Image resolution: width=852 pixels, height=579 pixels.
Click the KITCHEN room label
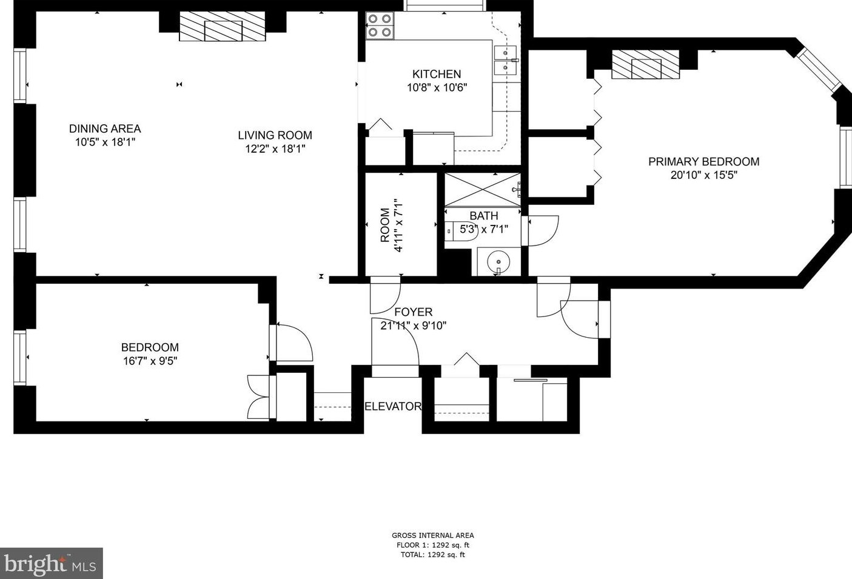click(x=436, y=74)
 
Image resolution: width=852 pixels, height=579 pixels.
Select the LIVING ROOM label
click(x=275, y=135)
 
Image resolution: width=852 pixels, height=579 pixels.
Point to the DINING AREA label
click(x=105, y=129)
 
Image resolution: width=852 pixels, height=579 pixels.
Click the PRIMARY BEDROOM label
click(x=703, y=161)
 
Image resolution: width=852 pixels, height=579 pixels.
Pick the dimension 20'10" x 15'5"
click(x=703, y=175)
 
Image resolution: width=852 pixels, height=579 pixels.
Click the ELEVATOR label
click(x=393, y=406)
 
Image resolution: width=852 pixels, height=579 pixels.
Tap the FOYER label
click(x=414, y=312)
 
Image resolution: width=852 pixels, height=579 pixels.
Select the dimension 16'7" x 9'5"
click(x=150, y=361)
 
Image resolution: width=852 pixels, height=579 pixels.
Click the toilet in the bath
click(x=461, y=231)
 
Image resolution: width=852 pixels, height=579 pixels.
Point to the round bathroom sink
click(x=498, y=261)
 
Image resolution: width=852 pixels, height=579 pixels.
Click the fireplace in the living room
click(x=222, y=26)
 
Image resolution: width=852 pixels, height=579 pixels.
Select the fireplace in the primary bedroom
click(x=645, y=65)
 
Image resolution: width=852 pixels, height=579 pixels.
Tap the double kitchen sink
click(x=506, y=60)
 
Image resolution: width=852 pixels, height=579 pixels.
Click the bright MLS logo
click(x=52, y=563)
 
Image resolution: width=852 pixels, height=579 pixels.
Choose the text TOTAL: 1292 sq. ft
click(x=432, y=555)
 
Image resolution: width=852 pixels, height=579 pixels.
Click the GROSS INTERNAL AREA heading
click(x=433, y=535)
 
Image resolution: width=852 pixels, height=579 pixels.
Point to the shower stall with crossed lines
click(x=482, y=190)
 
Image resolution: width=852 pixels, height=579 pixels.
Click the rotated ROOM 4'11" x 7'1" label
click(x=391, y=225)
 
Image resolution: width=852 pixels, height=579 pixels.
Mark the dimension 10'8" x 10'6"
click(x=437, y=88)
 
